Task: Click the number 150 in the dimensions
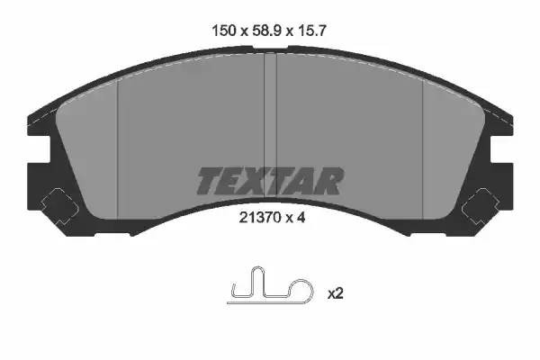[x=224, y=31]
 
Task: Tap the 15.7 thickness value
[x=310, y=31]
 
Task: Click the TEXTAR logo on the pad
[x=270, y=181]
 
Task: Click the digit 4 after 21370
[x=301, y=218]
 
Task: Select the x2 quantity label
[x=336, y=294]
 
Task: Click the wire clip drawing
[x=270, y=286]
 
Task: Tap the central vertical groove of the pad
[x=270, y=126]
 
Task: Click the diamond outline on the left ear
[x=59, y=207]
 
